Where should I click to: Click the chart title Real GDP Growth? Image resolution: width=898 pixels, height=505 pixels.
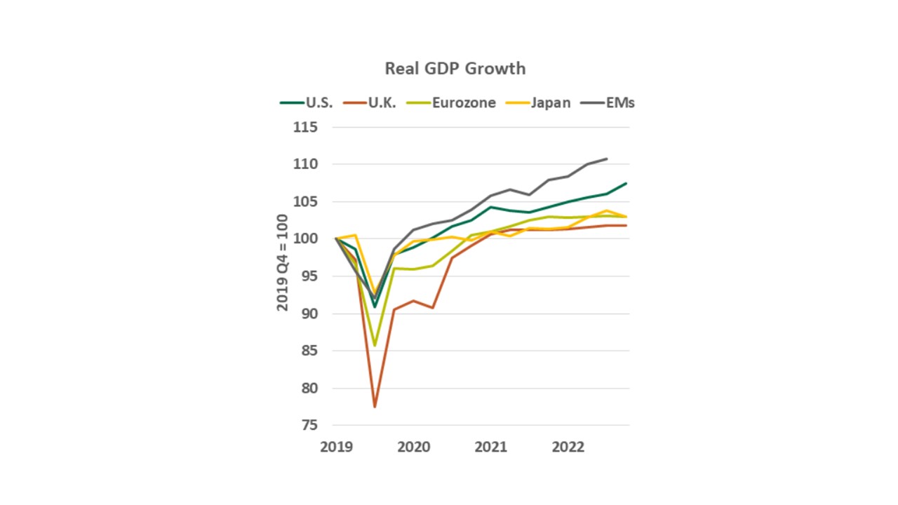tap(455, 69)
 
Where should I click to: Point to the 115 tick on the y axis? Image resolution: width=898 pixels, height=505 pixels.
tap(306, 128)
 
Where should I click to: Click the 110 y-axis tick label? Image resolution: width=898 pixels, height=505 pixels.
tap(306, 165)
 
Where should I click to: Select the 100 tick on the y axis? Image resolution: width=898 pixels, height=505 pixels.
tap(306, 239)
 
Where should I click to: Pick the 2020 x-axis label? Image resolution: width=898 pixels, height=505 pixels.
tap(414, 447)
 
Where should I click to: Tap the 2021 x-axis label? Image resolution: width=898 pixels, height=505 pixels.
tap(491, 447)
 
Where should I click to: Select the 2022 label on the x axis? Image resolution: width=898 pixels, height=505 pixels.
tap(569, 447)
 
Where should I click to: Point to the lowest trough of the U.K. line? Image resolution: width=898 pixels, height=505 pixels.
tap(375, 407)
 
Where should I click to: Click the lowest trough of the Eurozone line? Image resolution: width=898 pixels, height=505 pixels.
tap(375, 345)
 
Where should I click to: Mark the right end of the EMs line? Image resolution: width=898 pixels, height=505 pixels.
tap(607, 159)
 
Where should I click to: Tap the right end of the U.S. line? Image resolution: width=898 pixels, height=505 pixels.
tap(626, 184)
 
